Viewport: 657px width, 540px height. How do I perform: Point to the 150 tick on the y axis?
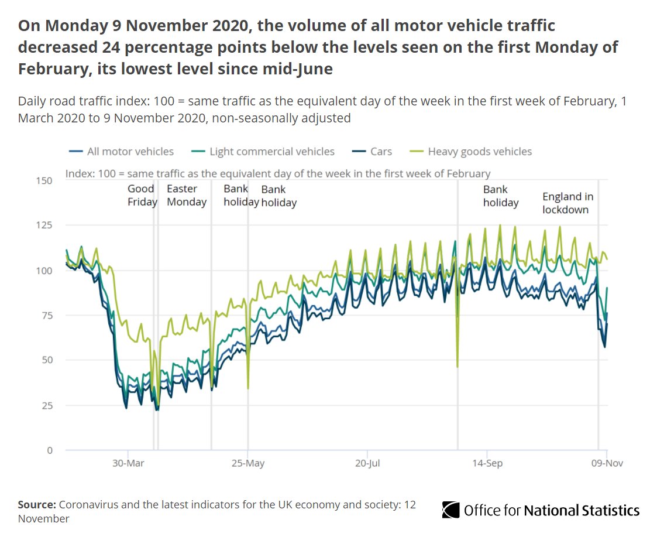click(x=44, y=180)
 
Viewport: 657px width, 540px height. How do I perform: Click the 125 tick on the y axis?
click(x=44, y=225)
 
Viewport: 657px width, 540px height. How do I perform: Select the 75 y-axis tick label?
click(x=46, y=316)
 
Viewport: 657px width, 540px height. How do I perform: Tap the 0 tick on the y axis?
click(x=49, y=450)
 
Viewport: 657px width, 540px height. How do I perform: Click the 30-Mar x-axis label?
click(x=128, y=463)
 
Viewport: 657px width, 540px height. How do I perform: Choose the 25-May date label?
click(x=247, y=463)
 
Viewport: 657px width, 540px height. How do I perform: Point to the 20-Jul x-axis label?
click(x=367, y=463)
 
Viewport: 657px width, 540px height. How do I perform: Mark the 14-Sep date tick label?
click(x=487, y=463)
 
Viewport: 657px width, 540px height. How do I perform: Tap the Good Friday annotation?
click(x=142, y=195)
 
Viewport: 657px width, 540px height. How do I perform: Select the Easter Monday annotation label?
click(x=187, y=195)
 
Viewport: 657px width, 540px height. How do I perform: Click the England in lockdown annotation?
click(x=567, y=203)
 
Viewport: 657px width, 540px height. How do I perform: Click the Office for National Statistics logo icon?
click(x=450, y=510)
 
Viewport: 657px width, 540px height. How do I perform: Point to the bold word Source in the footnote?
click(x=37, y=505)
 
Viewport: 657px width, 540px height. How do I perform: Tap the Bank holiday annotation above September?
click(x=501, y=196)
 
